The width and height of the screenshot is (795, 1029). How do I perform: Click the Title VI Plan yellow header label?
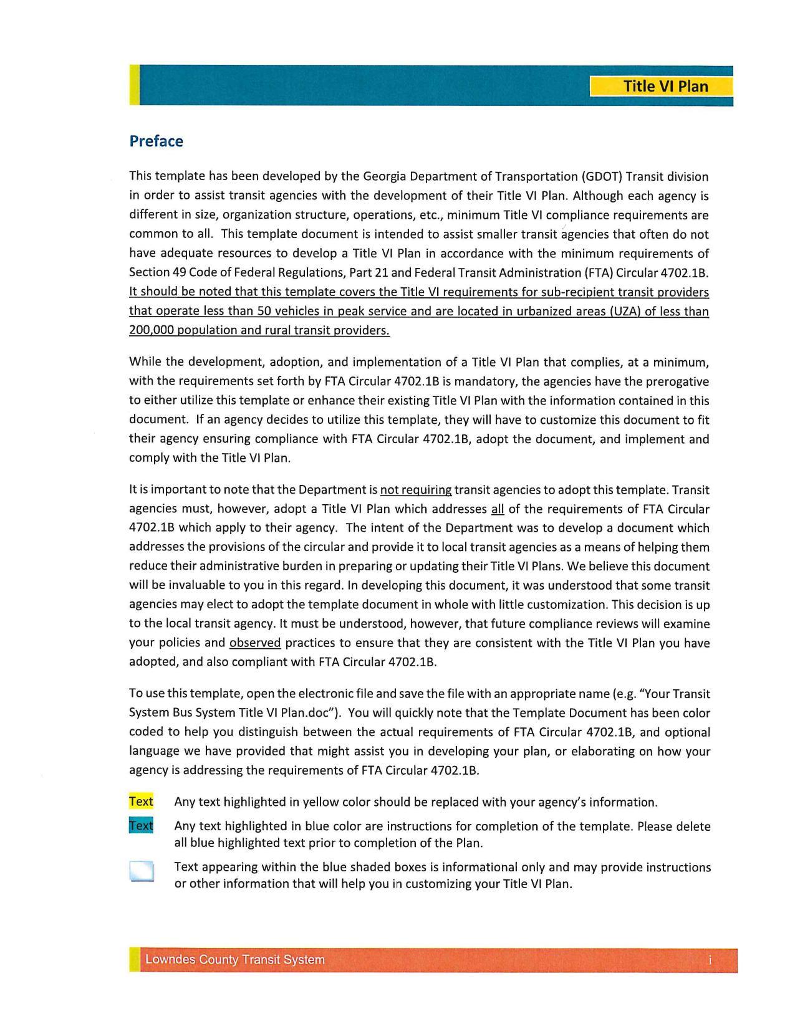pos(665,86)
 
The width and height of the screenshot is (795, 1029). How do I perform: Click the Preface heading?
pos(156,141)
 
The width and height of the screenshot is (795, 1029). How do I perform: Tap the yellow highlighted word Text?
pos(141,802)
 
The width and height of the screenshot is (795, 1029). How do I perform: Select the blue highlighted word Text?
pos(141,826)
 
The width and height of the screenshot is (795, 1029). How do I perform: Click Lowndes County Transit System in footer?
pos(234,960)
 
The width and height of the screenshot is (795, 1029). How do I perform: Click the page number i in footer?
pos(710,960)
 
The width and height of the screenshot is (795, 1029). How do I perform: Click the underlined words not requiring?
pos(415,491)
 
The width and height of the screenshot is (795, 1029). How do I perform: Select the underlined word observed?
pos(255,643)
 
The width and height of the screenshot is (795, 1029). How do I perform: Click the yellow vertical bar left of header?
pos(134,85)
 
